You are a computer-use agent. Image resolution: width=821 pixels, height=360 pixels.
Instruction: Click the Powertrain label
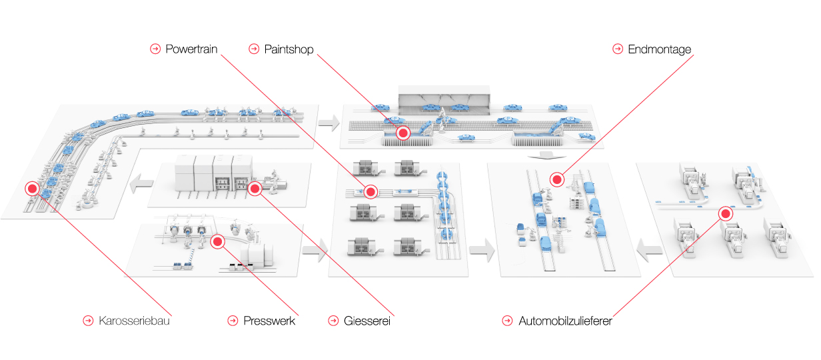[191, 49]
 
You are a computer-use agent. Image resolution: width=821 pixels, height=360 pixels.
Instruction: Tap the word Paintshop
[289, 49]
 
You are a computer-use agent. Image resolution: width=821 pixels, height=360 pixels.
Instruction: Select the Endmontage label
[659, 49]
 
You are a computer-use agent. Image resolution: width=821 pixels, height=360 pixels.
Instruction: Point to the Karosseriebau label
[134, 321]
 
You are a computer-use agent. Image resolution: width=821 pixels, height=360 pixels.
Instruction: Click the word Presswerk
[269, 321]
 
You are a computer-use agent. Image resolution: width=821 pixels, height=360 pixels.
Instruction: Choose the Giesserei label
[367, 321]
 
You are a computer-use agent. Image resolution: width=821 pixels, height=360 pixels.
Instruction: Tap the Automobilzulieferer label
[565, 321]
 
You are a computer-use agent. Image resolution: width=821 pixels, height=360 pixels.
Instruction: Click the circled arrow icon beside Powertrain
[155, 49]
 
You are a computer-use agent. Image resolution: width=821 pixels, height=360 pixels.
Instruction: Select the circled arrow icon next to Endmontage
[618, 49]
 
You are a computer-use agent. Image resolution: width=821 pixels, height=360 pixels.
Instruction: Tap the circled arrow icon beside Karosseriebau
[88, 321]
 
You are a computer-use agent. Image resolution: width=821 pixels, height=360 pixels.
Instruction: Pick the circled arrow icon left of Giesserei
[333, 321]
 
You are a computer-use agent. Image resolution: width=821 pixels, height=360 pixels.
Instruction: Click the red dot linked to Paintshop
[403, 133]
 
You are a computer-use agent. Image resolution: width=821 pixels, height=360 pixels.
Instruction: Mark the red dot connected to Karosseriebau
[32, 189]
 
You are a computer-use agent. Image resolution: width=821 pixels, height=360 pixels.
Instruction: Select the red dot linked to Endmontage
[557, 179]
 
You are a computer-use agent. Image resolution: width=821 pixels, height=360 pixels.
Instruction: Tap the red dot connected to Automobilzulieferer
[725, 213]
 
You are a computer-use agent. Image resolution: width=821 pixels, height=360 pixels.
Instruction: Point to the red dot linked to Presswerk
[218, 241]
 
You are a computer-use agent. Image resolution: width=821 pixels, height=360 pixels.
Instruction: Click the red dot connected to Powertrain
[371, 191]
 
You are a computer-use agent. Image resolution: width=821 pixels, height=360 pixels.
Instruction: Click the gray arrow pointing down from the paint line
[547, 155]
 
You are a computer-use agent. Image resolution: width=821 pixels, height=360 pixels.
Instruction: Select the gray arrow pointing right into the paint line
[329, 123]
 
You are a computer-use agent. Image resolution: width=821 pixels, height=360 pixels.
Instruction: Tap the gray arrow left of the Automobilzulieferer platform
[650, 250]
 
